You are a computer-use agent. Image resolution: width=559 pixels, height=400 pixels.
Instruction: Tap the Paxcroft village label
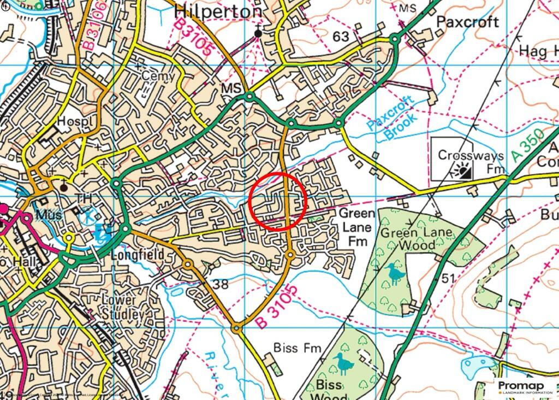point(467,22)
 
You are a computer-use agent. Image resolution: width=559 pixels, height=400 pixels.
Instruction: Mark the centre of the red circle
point(278,201)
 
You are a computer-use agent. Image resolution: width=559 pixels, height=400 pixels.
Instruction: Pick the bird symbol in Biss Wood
point(343,363)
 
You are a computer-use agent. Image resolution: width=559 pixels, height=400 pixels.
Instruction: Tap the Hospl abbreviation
point(72,121)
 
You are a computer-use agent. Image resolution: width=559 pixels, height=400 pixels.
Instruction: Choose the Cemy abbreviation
point(159,75)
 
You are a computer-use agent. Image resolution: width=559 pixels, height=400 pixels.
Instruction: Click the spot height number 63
point(341,37)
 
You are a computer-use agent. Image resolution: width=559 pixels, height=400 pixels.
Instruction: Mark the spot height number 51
point(448,279)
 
